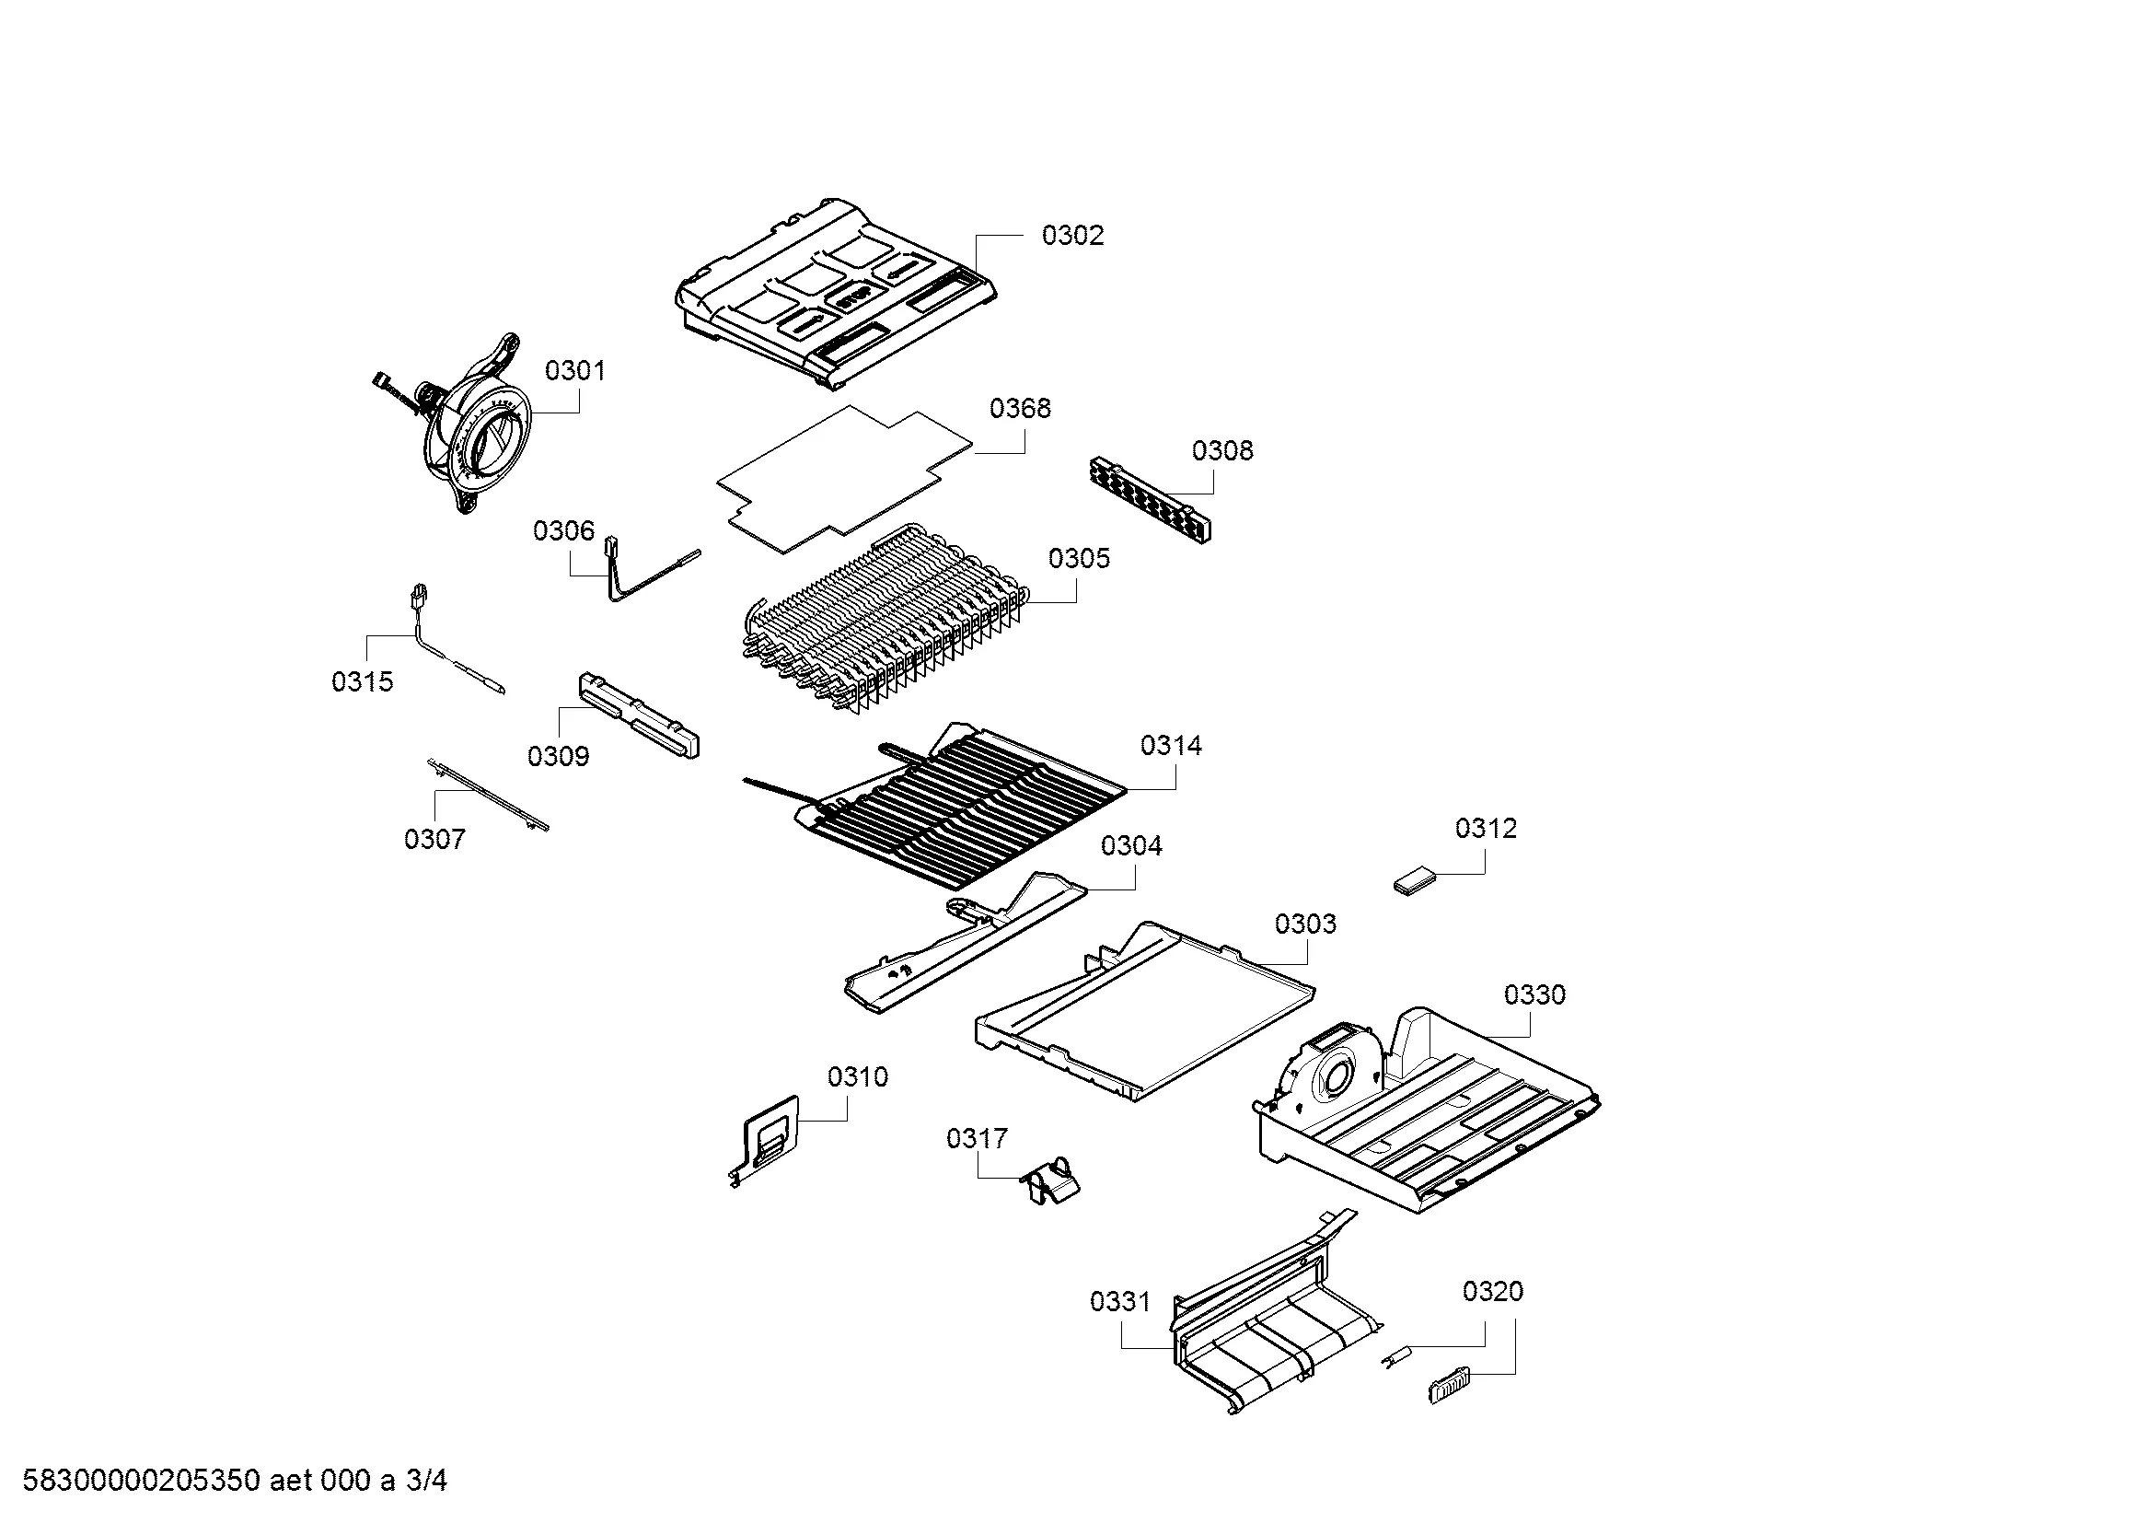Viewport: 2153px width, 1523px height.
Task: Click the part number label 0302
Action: [x=1072, y=236]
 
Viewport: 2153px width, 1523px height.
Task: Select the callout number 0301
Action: [x=574, y=371]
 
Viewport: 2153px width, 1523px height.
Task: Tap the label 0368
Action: [x=1020, y=409]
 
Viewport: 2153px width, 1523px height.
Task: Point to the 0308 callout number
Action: [x=1221, y=451]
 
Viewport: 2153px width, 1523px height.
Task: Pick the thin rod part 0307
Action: [x=488, y=796]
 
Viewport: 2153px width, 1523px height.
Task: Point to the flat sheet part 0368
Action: [x=844, y=478]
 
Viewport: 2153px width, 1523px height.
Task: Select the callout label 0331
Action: [x=1119, y=1302]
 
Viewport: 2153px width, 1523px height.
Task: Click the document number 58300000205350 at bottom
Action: [x=141, y=1481]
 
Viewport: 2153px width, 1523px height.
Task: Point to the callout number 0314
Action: [x=1171, y=746]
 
